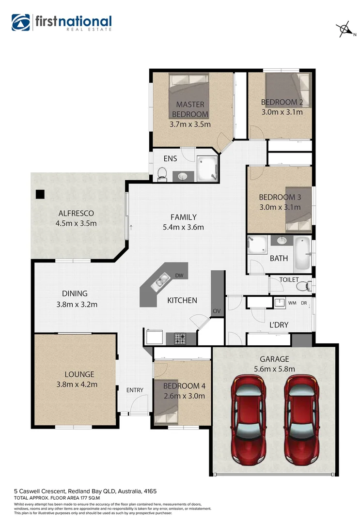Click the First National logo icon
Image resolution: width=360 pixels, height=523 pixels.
click(x=21, y=23)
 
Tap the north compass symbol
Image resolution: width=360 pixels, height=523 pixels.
click(x=344, y=30)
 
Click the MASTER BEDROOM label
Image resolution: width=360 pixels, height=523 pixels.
click(x=190, y=109)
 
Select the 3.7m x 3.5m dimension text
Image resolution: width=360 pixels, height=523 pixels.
click(x=190, y=124)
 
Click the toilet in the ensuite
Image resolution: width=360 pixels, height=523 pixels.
click(x=162, y=173)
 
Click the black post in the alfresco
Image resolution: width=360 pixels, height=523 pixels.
click(x=40, y=194)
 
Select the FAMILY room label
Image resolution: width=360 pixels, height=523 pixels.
click(x=183, y=217)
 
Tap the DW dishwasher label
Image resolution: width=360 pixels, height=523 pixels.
click(x=179, y=276)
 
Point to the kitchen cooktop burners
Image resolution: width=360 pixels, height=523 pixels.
click(x=180, y=338)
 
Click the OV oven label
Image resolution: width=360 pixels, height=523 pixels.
click(x=216, y=310)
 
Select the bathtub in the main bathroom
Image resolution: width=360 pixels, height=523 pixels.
click(x=301, y=253)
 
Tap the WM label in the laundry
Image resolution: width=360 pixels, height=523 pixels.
click(x=292, y=303)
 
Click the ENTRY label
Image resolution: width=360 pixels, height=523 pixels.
click(x=135, y=390)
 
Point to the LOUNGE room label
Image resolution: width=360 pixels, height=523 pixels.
click(x=79, y=374)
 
